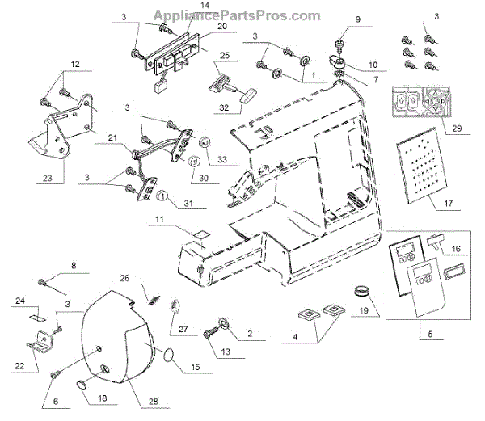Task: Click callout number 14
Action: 183,6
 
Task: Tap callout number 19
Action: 365,309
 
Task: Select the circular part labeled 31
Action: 162,196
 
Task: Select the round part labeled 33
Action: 205,143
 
